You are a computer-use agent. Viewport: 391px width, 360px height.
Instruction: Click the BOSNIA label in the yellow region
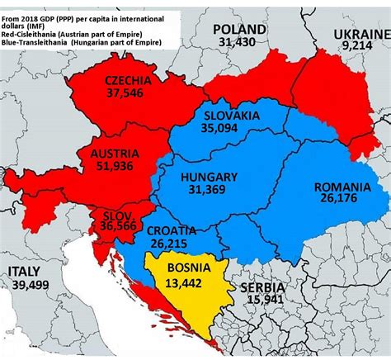(182, 268)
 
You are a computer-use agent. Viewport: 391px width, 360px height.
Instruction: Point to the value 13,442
(182, 282)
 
